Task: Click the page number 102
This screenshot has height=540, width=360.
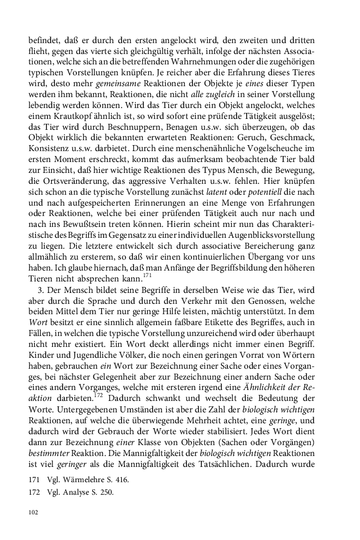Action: click(x=33, y=512)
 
